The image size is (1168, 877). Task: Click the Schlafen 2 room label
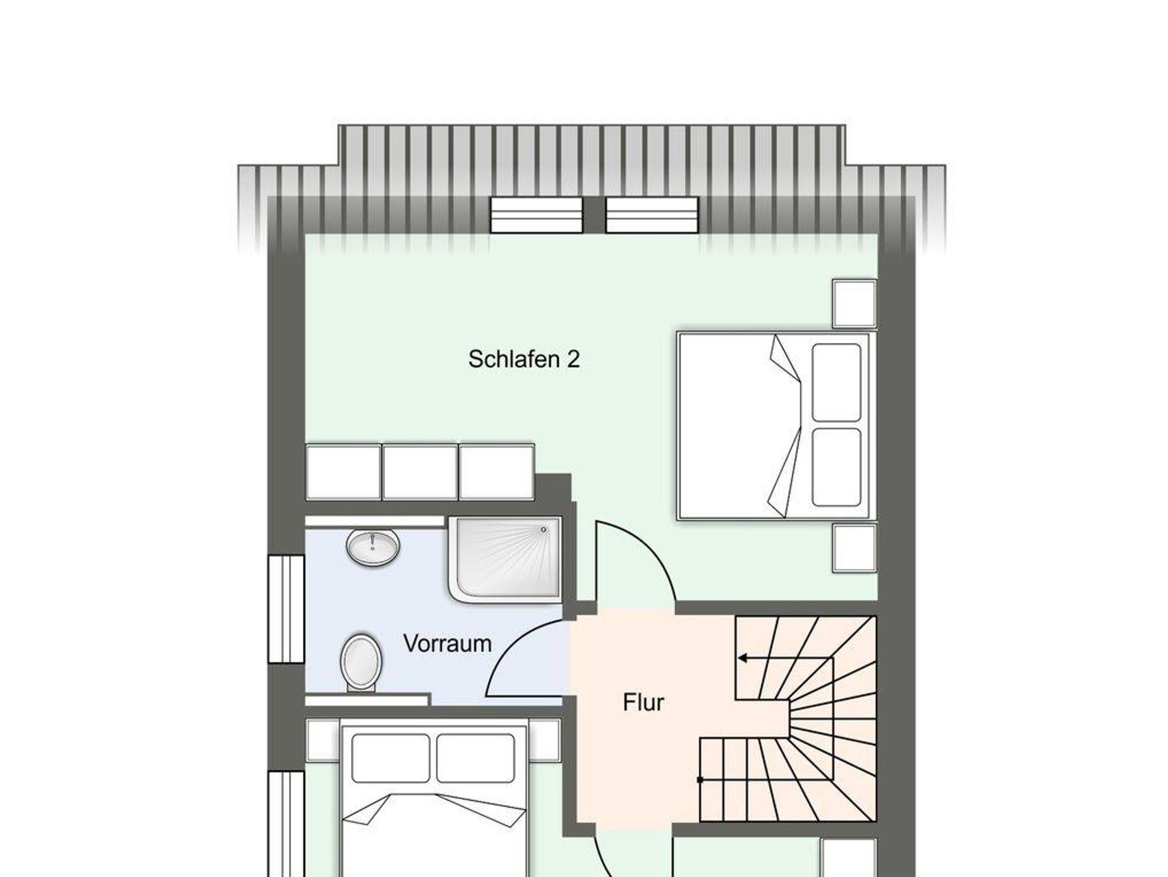pos(524,359)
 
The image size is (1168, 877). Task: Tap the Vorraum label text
pos(447,644)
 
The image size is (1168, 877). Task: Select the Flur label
pos(643,703)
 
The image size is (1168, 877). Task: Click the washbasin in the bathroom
pos(373,547)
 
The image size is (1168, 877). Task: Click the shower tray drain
pos(543,529)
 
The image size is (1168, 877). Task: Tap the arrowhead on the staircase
pos(743,658)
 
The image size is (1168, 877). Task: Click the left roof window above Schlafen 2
pos(536,215)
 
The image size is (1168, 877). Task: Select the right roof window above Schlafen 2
pos(652,215)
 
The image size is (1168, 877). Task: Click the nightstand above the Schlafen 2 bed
pos(854,303)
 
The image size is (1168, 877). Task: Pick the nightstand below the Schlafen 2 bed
pos(854,548)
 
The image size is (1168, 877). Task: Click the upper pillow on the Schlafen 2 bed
pos(836,382)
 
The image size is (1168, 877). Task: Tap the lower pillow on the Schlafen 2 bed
pos(836,467)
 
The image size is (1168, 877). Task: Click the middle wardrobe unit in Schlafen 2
pos(420,472)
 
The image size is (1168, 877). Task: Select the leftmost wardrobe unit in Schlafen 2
pos(343,472)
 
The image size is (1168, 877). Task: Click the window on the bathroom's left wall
pos(286,609)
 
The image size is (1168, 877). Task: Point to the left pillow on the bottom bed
pos(391,758)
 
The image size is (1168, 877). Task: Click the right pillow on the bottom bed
pos(476,758)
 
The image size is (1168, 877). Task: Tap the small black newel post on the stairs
pos(700,779)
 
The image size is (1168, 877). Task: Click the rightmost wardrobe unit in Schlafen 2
pos(496,472)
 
